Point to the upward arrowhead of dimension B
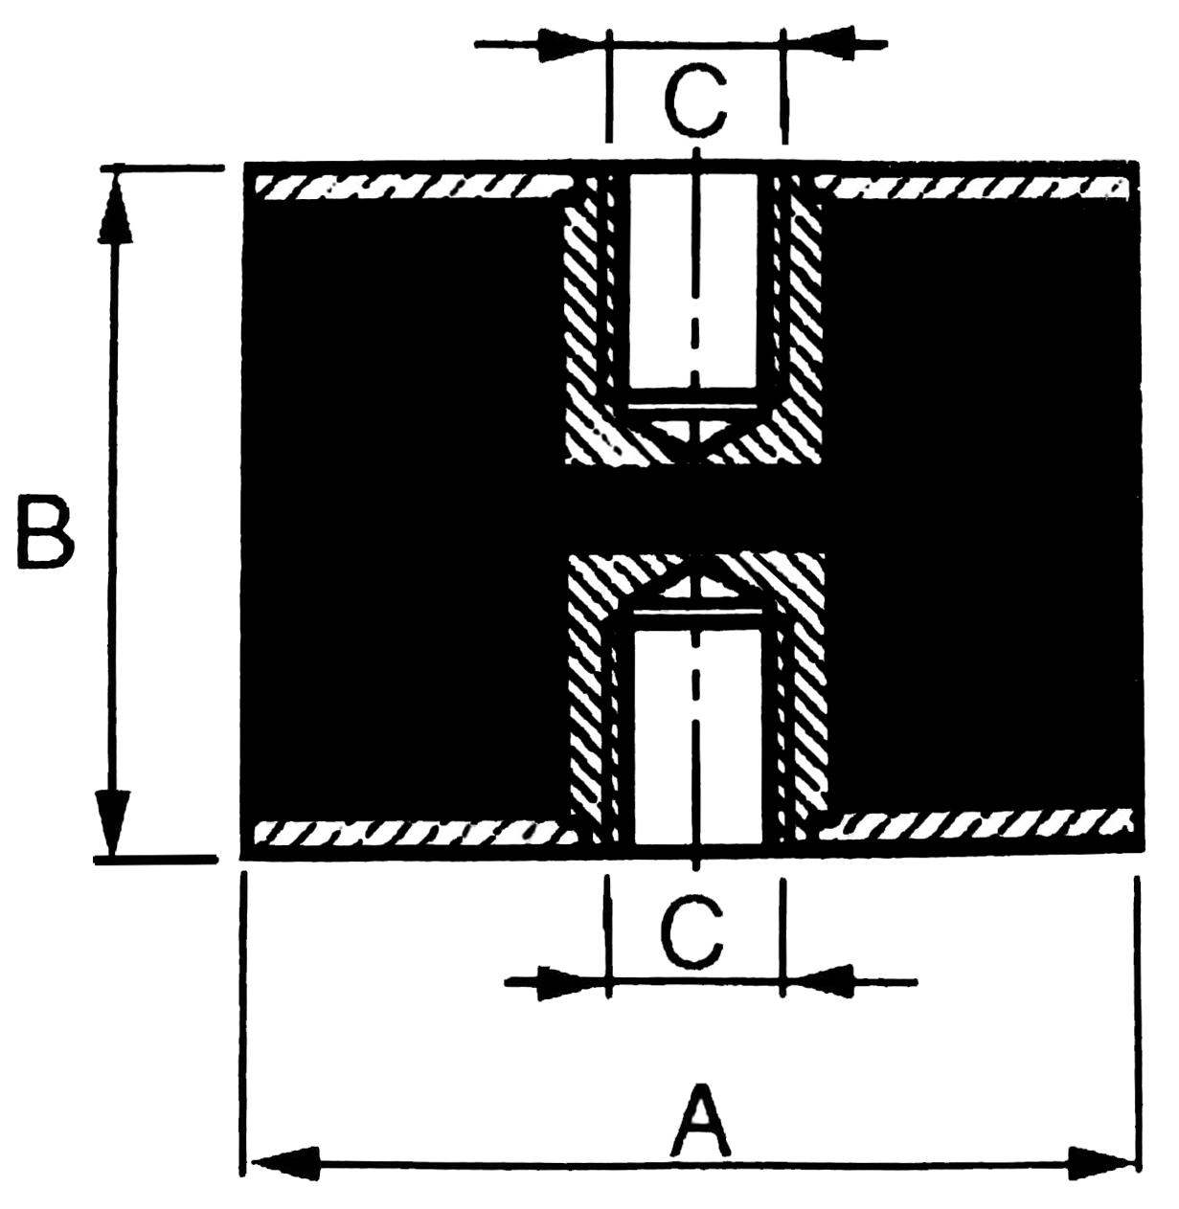tap(115, 206)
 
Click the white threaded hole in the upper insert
tap(693, 280)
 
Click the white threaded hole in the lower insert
tap(697, 737)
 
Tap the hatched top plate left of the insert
tap(414, 187)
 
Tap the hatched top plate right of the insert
tap(971, 189)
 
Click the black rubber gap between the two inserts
tap(694, 507)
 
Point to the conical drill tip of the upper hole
tap(694, 435)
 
